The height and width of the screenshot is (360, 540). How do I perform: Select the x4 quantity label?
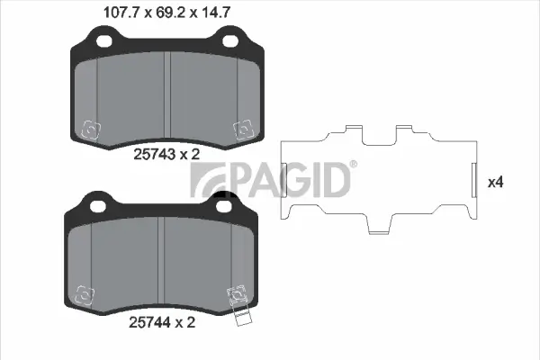pos(494,182)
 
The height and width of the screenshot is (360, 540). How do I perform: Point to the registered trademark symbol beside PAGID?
pos(352,164)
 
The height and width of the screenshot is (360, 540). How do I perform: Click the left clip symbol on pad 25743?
pos(91,130)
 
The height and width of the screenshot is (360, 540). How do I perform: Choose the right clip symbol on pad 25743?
pos(241,130)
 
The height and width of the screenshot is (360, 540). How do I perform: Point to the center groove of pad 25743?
pos(169,90)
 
